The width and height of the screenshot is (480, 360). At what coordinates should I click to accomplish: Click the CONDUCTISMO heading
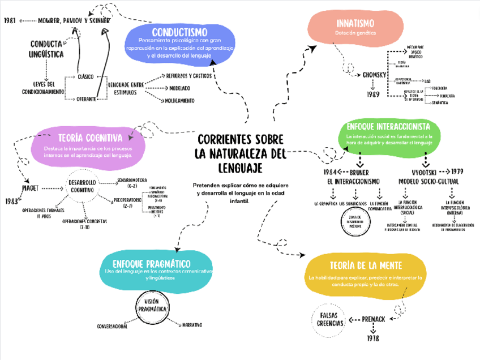[x=179, y=32]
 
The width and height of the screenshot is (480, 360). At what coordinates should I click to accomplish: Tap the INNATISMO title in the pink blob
[x=355, y=24]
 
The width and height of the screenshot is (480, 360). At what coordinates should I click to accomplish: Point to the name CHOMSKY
[x=374, y=75]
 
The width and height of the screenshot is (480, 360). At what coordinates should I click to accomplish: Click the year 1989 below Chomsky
[x=373, y=95]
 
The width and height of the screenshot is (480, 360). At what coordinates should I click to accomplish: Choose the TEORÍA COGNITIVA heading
[x=89, y=138]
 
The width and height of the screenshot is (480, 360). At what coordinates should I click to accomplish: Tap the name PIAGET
[x=29, y=188]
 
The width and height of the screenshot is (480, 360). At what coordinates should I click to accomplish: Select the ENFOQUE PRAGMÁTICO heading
[x=151, y=264]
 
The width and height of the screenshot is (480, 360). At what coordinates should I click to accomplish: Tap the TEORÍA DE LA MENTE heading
[x=366, y=265]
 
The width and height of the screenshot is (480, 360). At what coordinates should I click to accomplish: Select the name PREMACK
[x=374, y=319]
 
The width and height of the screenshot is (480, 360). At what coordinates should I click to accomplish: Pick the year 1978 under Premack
[x=372, y=338]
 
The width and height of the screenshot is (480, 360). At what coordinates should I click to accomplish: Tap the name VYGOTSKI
[x=423, y=172]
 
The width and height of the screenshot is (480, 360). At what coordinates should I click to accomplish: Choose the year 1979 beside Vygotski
[x=457, y=171]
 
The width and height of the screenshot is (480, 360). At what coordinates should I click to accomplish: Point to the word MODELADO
[x=179, y=88]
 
